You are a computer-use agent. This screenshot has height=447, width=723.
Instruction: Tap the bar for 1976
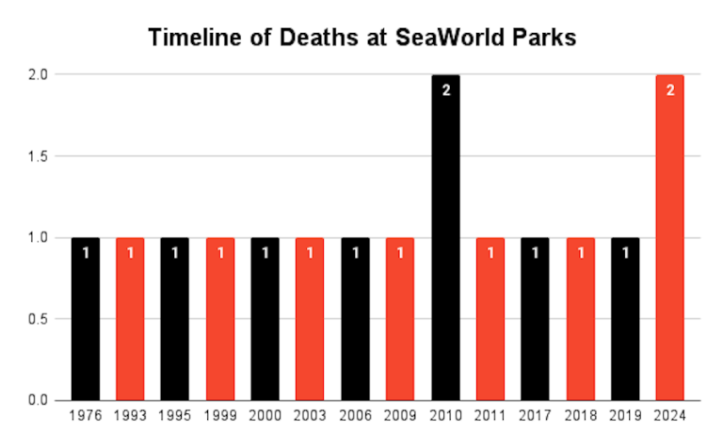[x=85, y=319]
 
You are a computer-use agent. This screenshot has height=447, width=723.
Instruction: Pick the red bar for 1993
[x=130, y=319]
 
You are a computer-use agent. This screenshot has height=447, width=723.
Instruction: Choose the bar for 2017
[x=535, y=319]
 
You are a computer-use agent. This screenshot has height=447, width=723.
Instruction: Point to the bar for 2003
[x=310, y=319]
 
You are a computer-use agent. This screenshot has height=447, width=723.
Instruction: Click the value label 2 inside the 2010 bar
[x=445, y=90]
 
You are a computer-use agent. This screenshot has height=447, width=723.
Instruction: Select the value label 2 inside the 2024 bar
[x=669, y=90]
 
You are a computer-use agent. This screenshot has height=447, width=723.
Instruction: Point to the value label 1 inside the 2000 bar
[x=265, y=253]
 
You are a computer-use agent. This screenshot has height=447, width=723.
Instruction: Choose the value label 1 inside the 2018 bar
[x=580, y=253]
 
